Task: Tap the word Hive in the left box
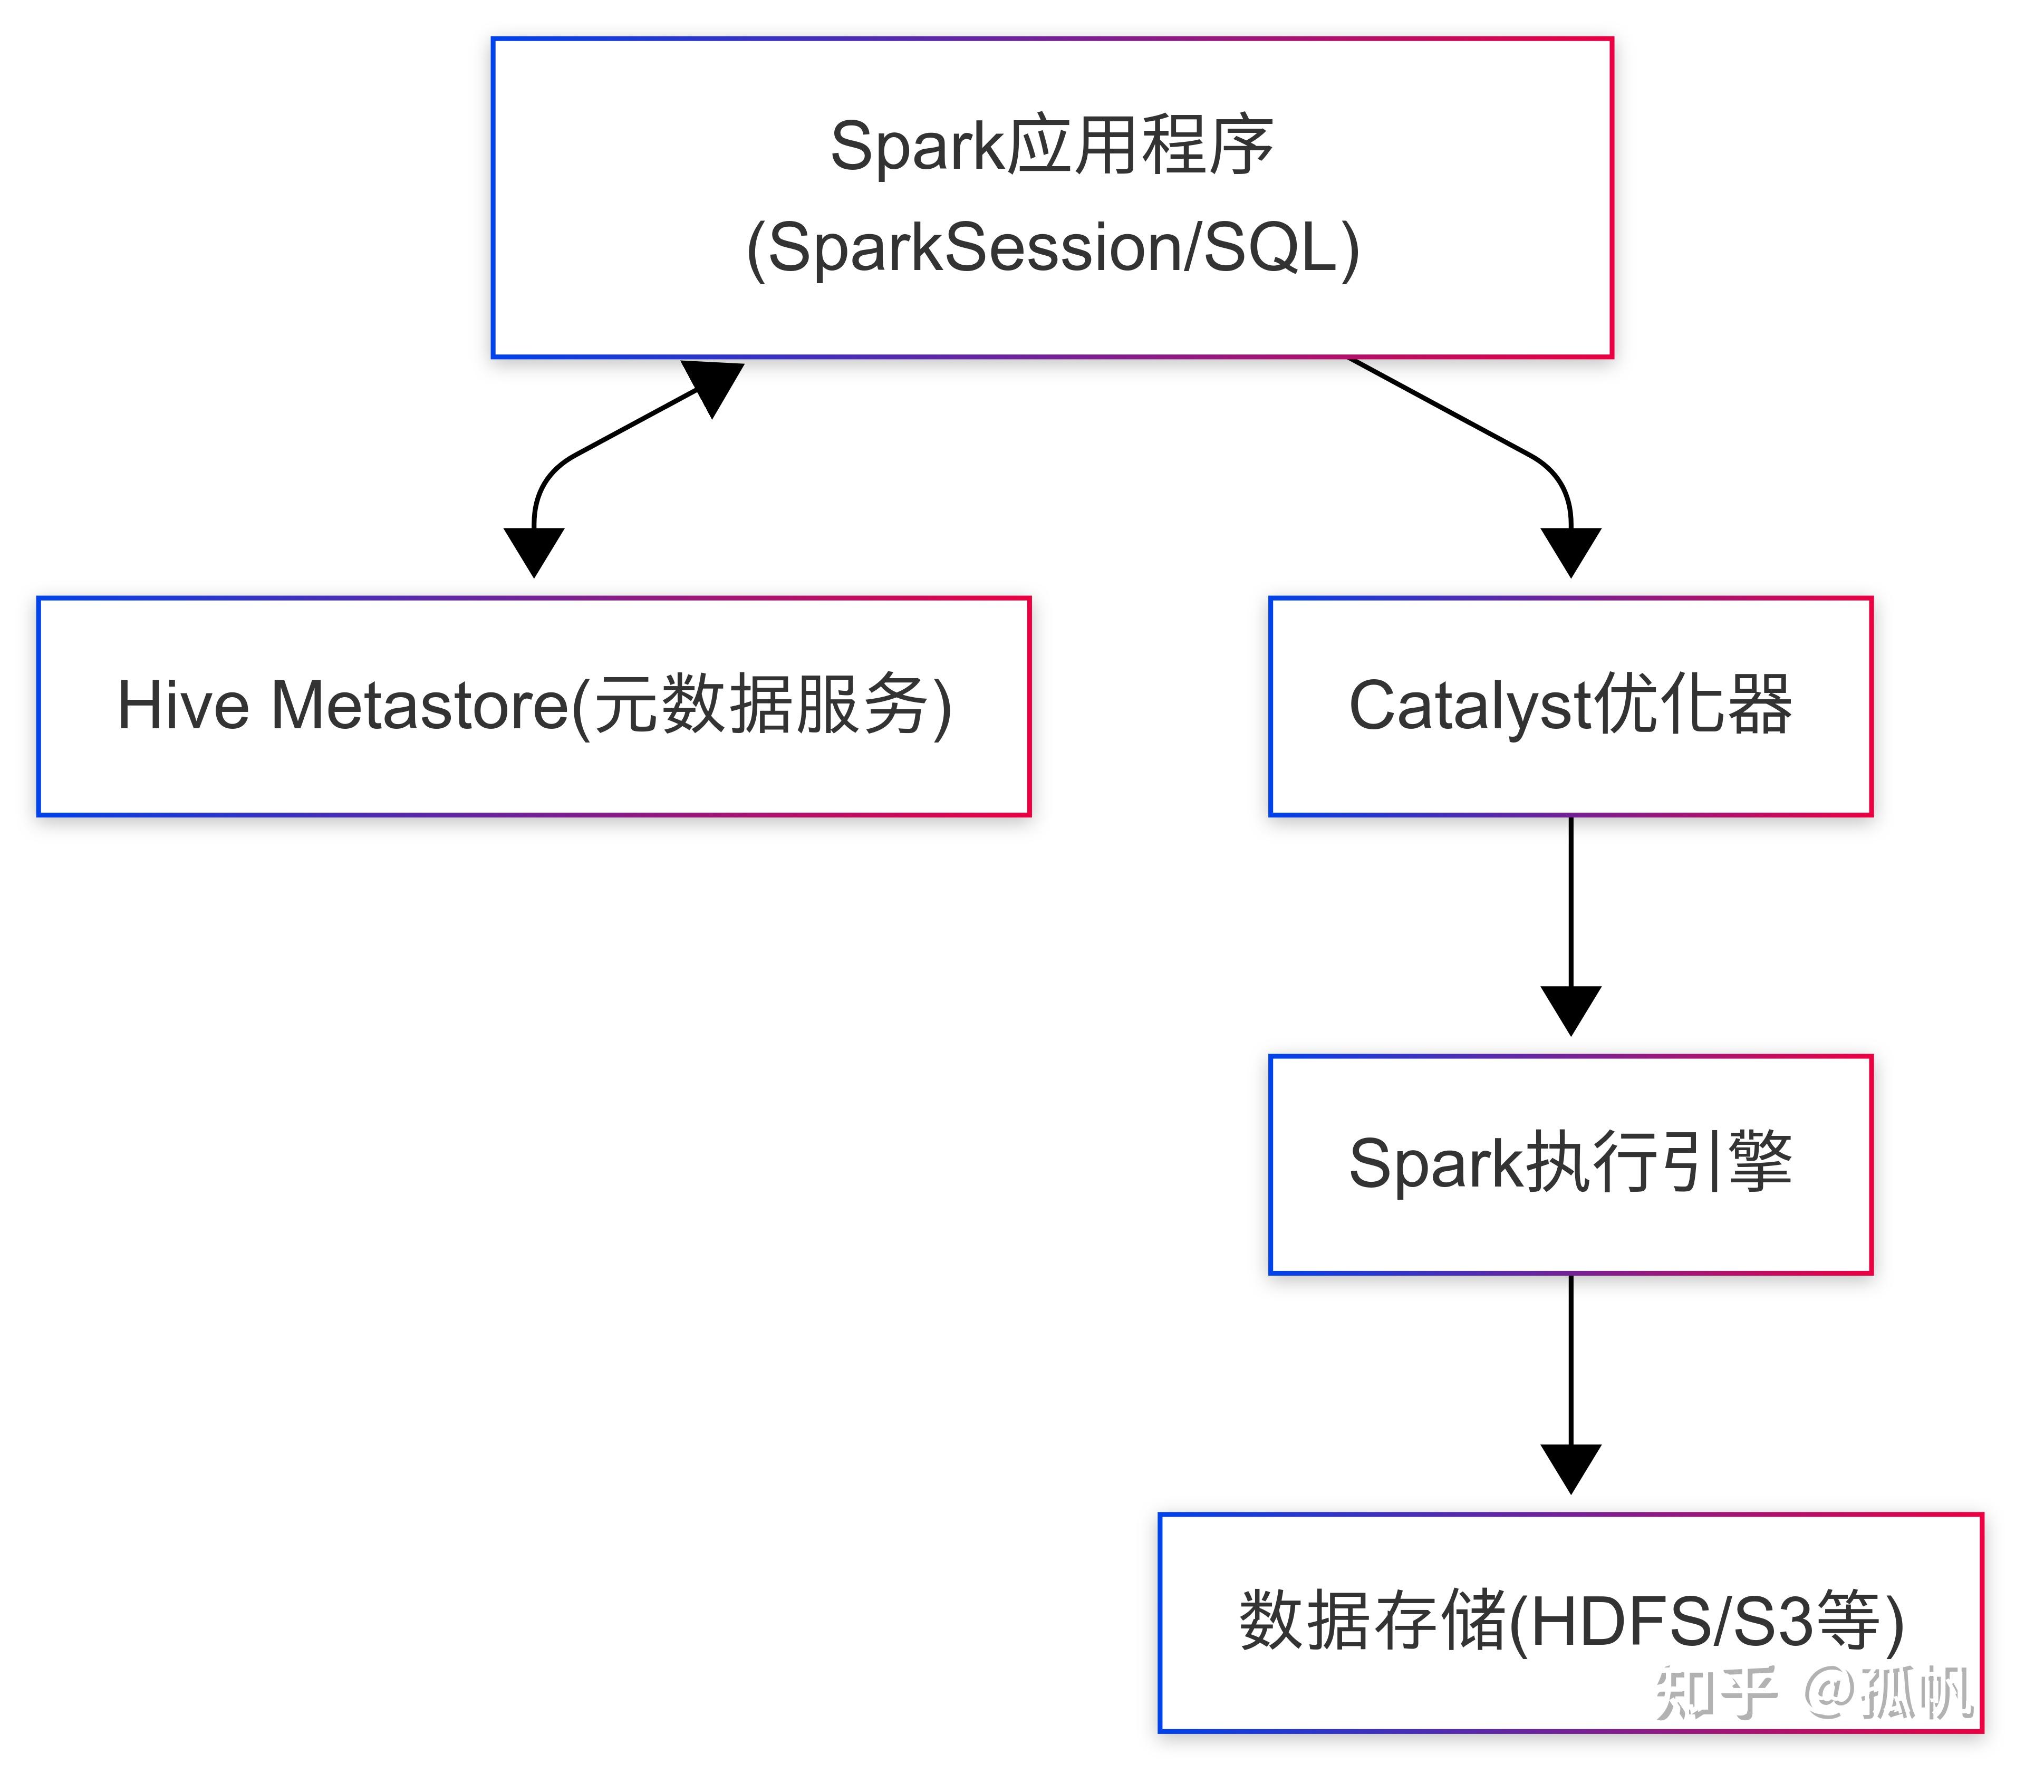(183, 706)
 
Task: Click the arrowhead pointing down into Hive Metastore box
(534, 549)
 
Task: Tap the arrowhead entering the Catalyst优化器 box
(1571, 549)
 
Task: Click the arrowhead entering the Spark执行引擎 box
(1571, 1008)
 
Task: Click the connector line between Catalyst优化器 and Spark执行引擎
(1571, 901)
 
